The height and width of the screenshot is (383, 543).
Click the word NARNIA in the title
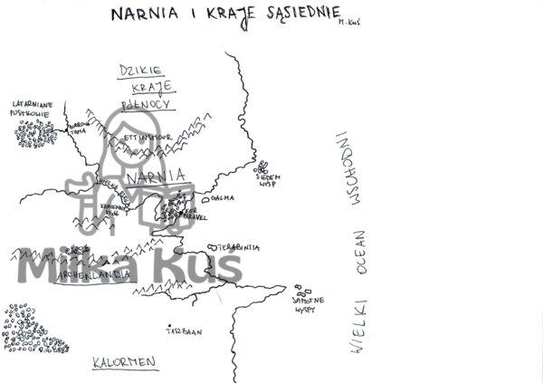(x=139, y=14)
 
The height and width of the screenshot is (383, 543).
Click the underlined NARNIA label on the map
(x=157, y=177)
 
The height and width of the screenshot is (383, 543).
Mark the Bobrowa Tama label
(x=82, y=127)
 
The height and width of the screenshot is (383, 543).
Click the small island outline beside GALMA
(x=206, y=198)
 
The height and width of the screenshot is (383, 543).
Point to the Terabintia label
(x=239, y=247)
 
